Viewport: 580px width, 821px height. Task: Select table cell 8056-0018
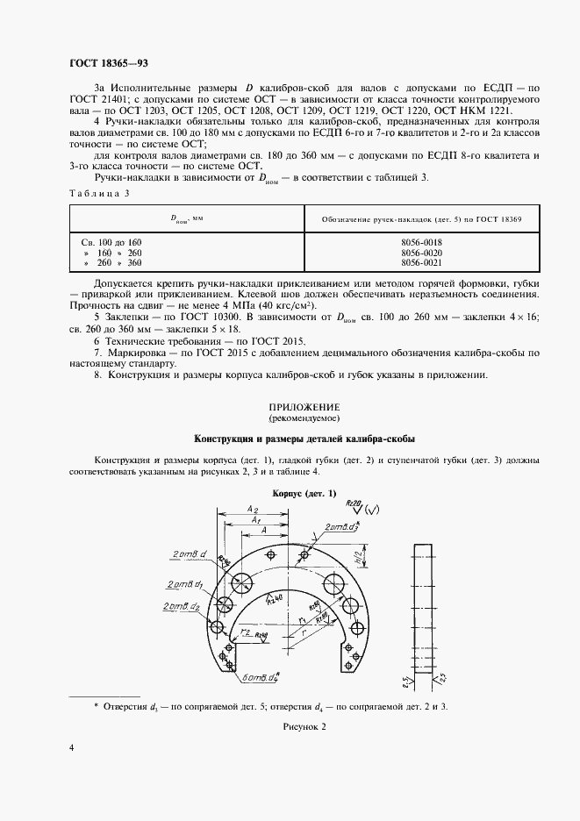click(x=421, y=241)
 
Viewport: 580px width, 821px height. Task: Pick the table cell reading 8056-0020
click(x=421, y=252)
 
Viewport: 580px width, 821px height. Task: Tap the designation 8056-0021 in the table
click(x=421, y=262)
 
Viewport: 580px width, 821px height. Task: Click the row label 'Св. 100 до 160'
click(x=111, y=241)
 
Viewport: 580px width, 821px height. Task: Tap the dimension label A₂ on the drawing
click(x=252, y=509)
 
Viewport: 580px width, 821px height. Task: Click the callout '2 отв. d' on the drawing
click(x=190, y=554)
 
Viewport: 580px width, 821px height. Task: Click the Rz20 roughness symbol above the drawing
click(x=357, y=505)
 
